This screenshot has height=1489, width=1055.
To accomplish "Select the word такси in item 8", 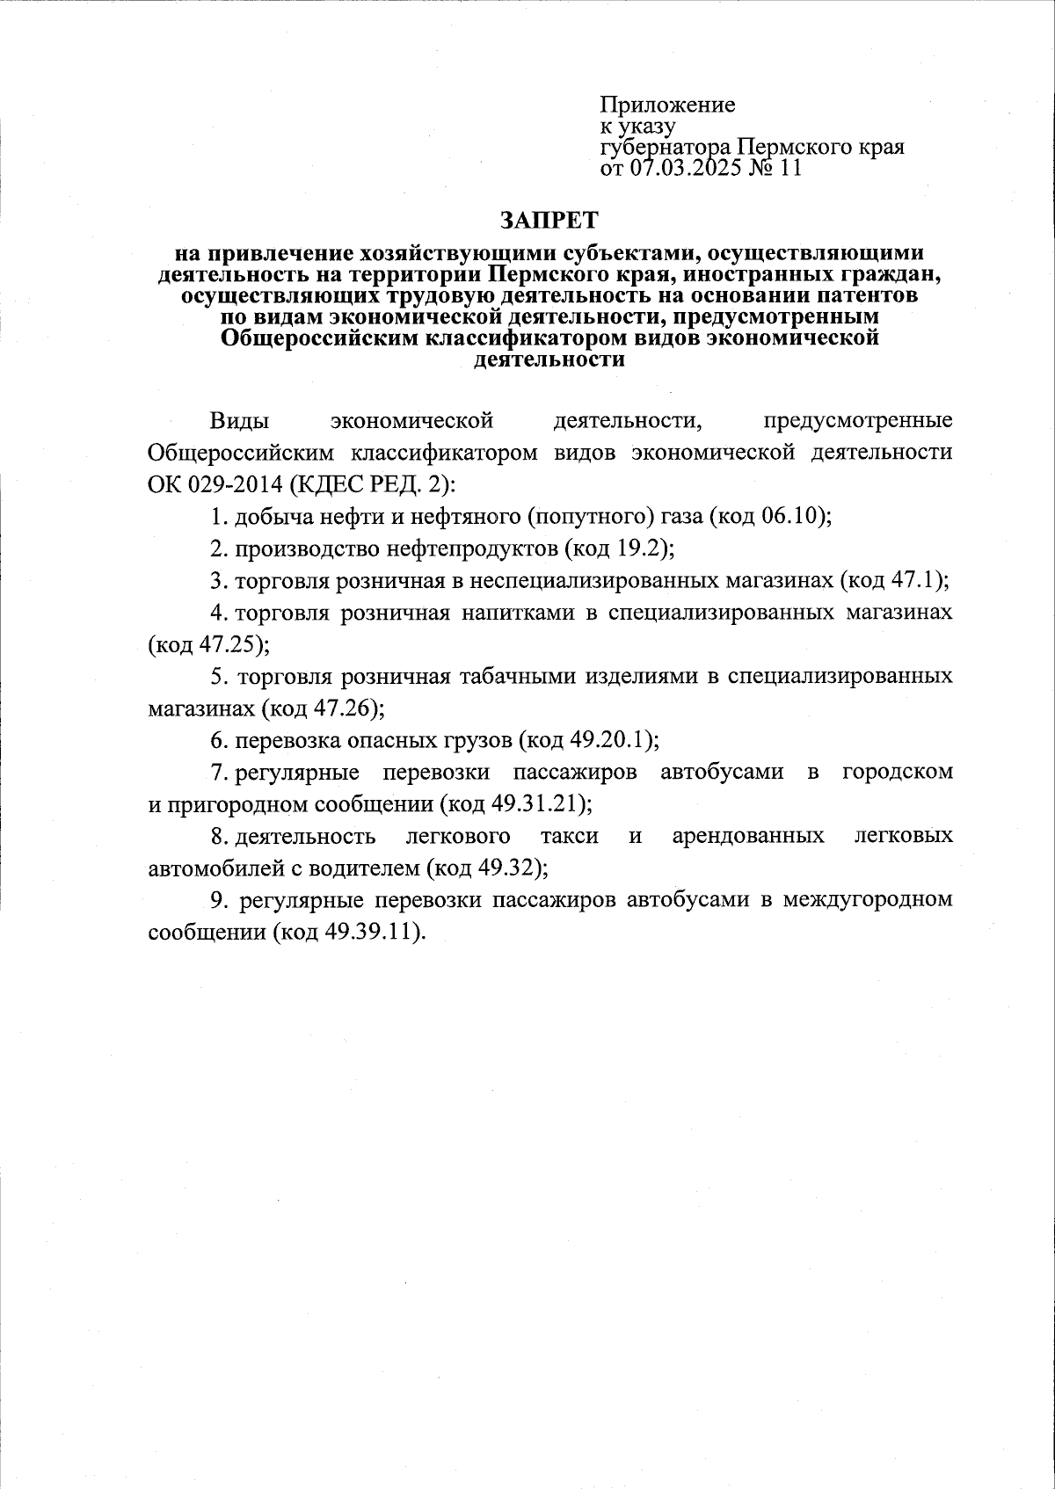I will [x=570, y=835].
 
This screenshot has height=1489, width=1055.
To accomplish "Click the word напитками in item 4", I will [x=519, y=613].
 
